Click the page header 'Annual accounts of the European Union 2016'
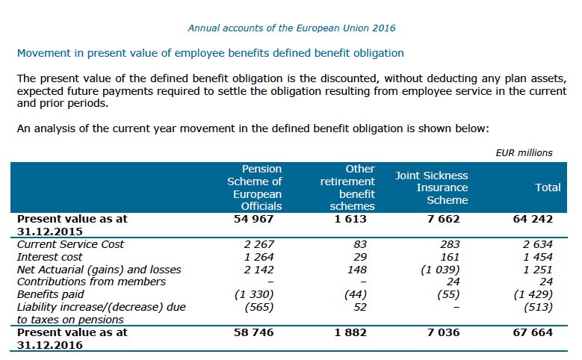(291, 28)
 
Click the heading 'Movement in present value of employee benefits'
(210, 53)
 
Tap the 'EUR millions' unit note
(524, 152)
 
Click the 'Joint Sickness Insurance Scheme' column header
(431, 187)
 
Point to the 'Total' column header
(548, 187)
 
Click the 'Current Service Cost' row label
(70, 244)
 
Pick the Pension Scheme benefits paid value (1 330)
(260, 294)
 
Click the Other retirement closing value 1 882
(350, 332)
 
